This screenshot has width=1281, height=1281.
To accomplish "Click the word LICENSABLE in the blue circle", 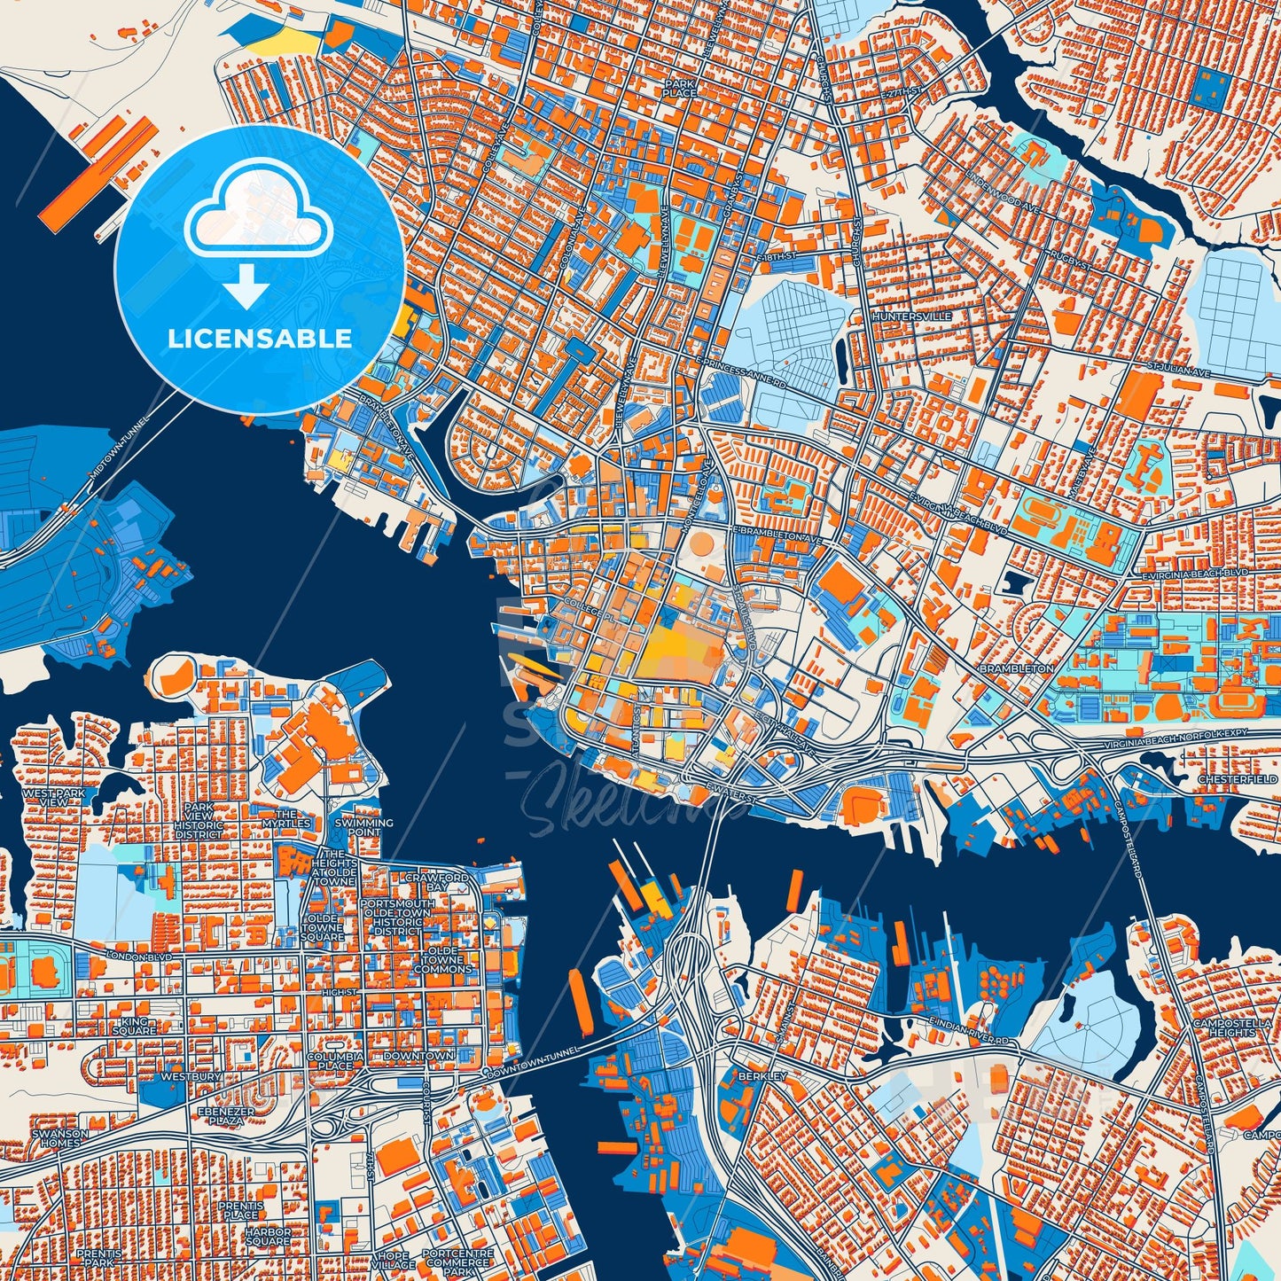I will point(259,339).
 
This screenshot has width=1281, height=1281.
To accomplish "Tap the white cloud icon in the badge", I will point(258,217).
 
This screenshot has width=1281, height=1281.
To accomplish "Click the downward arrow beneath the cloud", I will point(247,288).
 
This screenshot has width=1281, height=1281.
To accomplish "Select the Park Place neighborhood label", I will point(679,88).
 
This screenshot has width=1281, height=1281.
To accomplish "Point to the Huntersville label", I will point(911,316).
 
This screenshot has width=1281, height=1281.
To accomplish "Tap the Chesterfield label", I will point(1237,779).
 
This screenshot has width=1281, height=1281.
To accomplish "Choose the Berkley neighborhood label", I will point(762,1075).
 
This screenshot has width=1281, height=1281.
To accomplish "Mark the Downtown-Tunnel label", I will point(533,1062).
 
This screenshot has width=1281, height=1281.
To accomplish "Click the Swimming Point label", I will point(363,827).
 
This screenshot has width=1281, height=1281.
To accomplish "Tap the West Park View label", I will point(55,797).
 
